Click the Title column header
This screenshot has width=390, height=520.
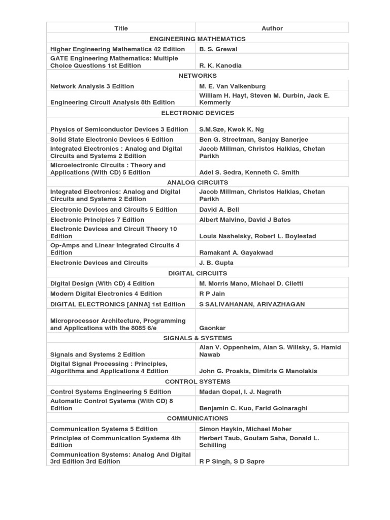tap(121, 28)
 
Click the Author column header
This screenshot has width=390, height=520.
tap(272, 28)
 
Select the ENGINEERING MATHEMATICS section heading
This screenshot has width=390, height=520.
tap(198, 39)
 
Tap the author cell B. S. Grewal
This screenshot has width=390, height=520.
tap(218, 49)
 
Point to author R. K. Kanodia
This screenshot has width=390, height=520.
tap(220, 66)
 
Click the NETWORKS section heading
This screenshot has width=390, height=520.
tap(198, 76)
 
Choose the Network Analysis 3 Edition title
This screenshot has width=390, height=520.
tap(92, 86)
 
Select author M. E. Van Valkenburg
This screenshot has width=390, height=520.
tap(232, 86)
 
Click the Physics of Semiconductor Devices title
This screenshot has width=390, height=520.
tap(119, 129)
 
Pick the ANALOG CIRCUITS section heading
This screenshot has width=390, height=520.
tap(198, 182)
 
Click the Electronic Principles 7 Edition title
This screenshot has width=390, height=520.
tap(97, 220)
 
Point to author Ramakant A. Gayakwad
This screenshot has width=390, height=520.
tap(236, 252)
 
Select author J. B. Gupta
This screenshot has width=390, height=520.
tap(216, 263)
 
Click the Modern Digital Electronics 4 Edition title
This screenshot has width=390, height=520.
tap(106, 294)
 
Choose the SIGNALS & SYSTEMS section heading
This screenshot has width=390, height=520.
tap(198, 338)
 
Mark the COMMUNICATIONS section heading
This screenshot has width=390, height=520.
tap(198, 418)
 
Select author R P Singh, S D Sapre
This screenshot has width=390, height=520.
tap(232, 462)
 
